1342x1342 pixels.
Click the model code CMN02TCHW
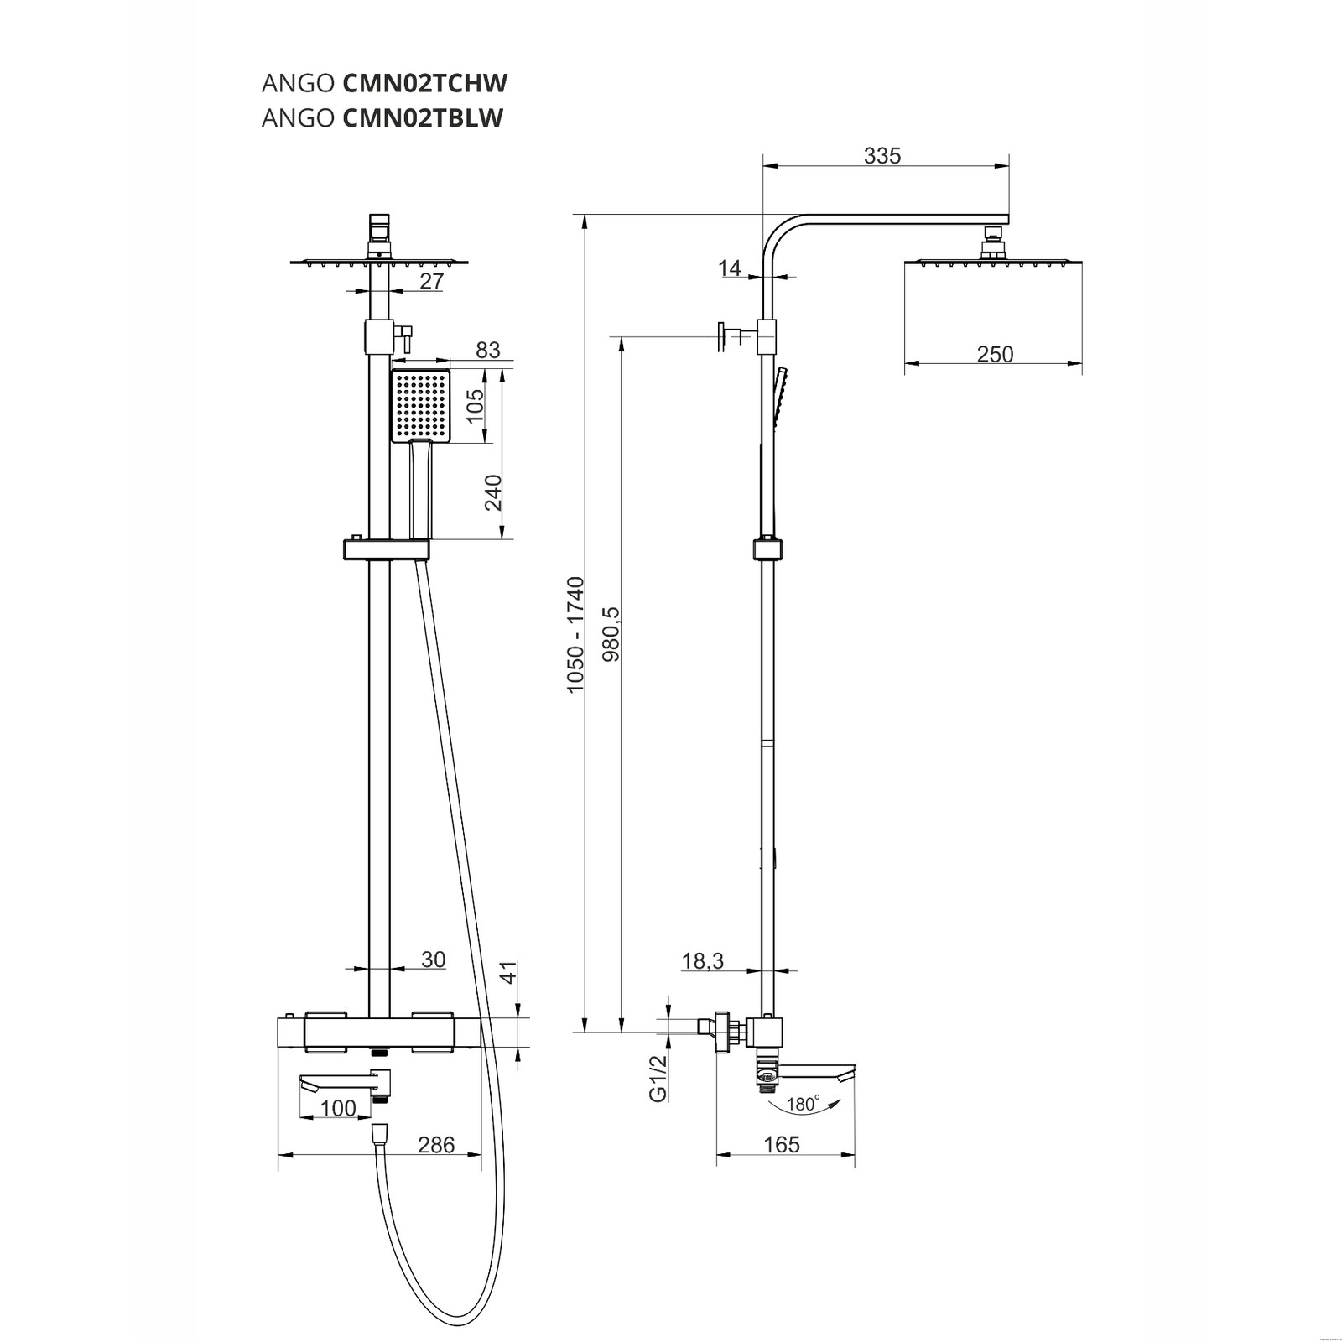[425, 83]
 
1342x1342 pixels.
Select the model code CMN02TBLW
[423, 118]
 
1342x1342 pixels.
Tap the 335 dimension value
[882, 155]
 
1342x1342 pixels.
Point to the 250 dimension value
[995, 354]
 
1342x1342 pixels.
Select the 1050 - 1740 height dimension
[575, 635]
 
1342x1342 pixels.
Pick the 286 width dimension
[436, 1144]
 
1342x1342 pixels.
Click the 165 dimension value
[782, 1144]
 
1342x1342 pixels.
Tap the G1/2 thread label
[658, 1078]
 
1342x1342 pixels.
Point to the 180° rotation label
[802, 1105]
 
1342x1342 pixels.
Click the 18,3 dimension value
[702, 961]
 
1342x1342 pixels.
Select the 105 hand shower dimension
[476, 407]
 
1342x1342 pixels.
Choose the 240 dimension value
[493, 493]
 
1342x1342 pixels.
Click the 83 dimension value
[487, 350]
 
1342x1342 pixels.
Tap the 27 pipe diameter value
[431, 282]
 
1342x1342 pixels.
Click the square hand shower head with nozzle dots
[420, 405]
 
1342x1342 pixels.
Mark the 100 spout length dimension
[338, 1108]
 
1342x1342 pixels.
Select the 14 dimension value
[730, 268]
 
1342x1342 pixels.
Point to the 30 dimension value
[433, 960]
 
